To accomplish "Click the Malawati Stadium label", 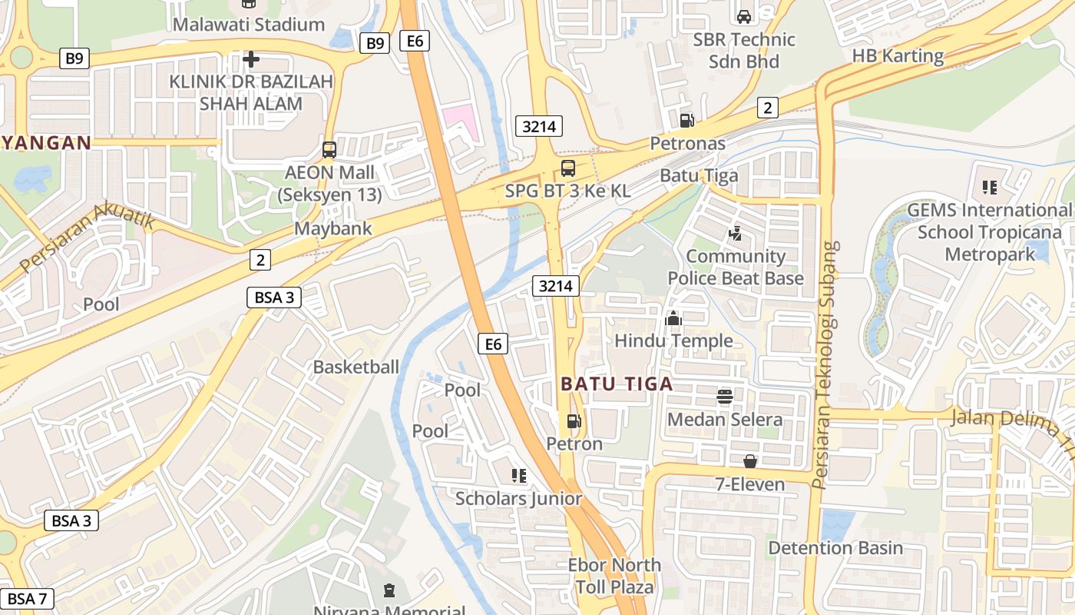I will [248, 25].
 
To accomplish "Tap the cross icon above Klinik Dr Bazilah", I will [251, 58].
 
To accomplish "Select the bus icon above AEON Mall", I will [329, 150].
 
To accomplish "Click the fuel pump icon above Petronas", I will [686, 120].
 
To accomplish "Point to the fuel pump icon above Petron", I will [574, 421].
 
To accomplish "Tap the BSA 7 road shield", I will [27, 598].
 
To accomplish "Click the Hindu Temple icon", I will [673, 317].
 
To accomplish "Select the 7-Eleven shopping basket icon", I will [750, 461].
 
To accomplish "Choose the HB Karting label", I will [898, 55].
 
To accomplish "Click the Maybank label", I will [333, 228].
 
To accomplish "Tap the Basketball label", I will [356, 367].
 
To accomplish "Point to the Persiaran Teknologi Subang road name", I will [825, 365].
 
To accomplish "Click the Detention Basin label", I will [835, 548].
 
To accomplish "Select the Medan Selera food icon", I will [725, 397].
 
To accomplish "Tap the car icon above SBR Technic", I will [743, 16].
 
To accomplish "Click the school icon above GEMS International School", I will [989, 187].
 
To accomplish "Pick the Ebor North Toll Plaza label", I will [614, 576].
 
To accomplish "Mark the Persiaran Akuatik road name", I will [88, 238].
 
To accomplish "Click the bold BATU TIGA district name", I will [617, 384].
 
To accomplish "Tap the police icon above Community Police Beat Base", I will [735, 233].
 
